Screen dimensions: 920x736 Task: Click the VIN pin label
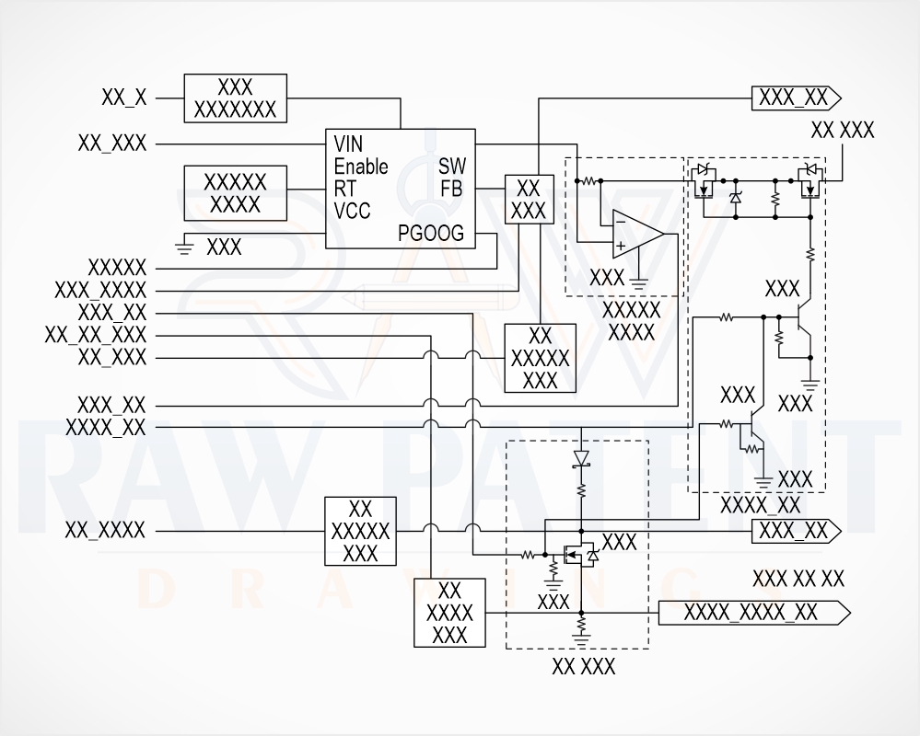point(348,144)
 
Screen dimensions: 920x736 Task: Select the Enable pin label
point(361,167)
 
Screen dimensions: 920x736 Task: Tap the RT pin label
point(345,189)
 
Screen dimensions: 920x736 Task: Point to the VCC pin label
point(352,211)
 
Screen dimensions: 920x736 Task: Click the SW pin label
point(452,167)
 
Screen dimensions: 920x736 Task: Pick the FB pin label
point(452,189)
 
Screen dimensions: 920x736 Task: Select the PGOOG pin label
point(431,234)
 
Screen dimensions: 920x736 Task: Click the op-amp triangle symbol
point(638,234)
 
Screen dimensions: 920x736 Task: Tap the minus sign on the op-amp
point(621,222)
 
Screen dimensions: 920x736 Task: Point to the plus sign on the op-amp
point(621,246)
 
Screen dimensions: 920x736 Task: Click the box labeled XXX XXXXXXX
point(235,98)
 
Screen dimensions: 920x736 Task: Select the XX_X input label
point(123,98)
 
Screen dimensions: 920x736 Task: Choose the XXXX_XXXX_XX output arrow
point(754,613)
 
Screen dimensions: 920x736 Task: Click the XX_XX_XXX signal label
point(96,335)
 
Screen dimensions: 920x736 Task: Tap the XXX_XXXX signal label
point(100,290)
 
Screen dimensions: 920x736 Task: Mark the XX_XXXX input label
point(105,530)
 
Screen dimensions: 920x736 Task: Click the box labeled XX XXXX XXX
point(449,613)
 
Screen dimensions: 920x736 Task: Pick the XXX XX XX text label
point(798,579)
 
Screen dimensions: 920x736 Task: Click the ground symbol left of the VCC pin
point(185,247)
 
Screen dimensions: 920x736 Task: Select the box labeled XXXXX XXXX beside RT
point(235,193)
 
